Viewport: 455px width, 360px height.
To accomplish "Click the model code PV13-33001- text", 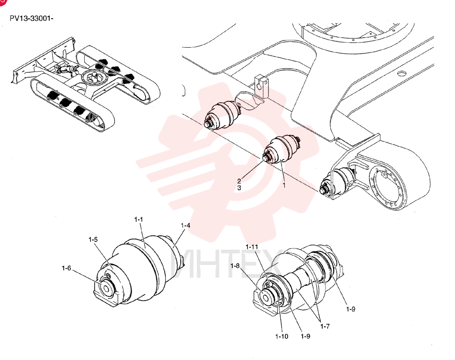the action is point(32,18).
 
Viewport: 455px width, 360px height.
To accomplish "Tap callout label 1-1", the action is point(138,220).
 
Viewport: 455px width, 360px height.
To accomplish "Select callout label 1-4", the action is point(186,225).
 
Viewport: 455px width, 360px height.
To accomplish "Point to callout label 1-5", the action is point(93,240).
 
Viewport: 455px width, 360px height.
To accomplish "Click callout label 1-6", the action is point(66,268).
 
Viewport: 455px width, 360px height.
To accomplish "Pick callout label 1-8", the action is point(235,265).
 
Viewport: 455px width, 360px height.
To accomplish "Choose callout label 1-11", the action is point(252,247).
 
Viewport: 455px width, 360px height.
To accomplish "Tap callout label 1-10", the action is point(282,336).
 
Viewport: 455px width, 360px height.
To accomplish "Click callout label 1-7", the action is point(325,326).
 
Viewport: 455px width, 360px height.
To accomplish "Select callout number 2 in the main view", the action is point(239,181).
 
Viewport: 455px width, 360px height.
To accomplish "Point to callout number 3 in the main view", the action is point(239,188).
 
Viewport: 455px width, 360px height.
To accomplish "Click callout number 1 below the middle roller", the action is point(284,185).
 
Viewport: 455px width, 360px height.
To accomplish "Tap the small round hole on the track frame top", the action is point(401,73).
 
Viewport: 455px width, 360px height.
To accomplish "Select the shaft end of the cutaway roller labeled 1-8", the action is point(265,297).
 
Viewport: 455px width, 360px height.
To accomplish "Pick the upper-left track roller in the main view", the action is point(222,115).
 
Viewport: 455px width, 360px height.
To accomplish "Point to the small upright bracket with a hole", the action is point(261,85).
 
